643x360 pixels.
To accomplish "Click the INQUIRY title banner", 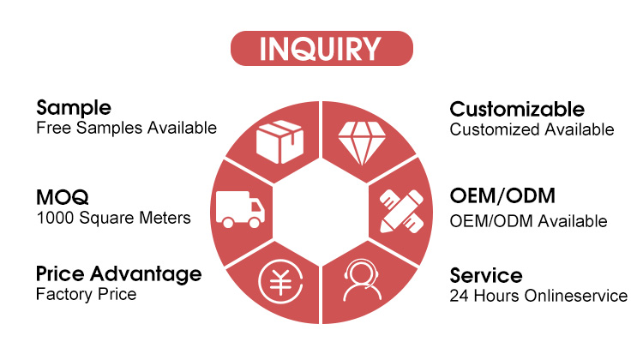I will pyautogui.click(x=321, y=49).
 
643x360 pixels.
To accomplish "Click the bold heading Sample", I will pyautogui.click(x=74, y=108).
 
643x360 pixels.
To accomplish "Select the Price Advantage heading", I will pyautogui.click(x=119, y=274).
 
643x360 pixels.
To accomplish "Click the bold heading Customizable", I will pyautogui.click(x=517, y=110).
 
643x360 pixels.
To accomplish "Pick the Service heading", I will pyautogui.click(x=486, y=276).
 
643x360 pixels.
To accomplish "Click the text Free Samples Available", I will pyautogui.click(x=126, y=128).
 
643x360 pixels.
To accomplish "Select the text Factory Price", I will pyautogui.click(x=86, y=295).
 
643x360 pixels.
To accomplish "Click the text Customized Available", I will pyautogui.click(x=532, y=129).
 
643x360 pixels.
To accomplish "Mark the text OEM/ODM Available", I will pyautogui.click(x=528, y=220).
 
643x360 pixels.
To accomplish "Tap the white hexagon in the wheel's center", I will pyautogui.click(x=321, y=211).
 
